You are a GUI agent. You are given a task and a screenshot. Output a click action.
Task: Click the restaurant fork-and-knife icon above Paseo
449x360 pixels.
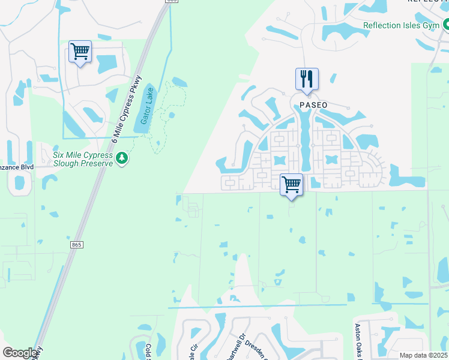pos(307,79)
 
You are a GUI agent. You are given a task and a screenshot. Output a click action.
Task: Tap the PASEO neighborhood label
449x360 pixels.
pos(313,105)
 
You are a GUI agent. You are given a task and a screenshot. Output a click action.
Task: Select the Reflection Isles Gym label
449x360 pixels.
pos(402,26)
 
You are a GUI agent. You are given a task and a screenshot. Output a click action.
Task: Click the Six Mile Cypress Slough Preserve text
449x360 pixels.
pos(83,158)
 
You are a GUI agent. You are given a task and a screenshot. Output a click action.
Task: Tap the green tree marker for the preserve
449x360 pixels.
pos(122,158)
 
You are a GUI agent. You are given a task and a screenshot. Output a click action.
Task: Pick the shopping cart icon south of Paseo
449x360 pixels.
pos(291,184)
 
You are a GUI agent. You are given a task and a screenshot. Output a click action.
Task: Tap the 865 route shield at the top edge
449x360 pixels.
pos(172,2)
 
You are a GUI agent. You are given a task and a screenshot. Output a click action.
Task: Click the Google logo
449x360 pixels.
pos(20,353)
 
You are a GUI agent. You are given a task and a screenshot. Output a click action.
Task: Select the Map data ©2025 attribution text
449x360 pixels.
pos(424,355)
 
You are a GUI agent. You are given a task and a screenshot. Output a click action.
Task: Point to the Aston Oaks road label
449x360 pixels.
pos(358,341)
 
